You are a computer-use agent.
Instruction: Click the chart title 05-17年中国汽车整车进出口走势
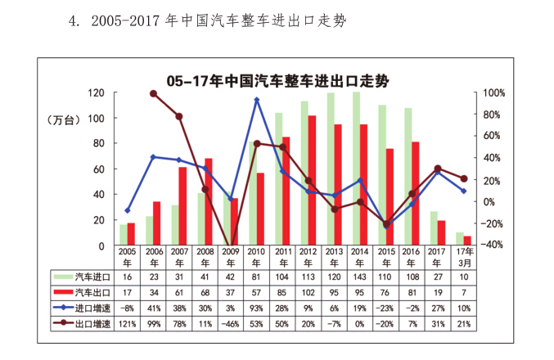277,80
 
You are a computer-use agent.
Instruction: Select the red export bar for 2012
312,180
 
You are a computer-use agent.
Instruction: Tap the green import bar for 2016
408,176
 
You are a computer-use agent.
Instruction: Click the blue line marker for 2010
257,100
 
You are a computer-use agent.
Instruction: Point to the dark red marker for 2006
153,94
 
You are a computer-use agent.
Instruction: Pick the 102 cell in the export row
309,292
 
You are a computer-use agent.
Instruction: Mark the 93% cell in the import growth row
257,308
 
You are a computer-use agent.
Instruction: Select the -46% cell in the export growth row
231,323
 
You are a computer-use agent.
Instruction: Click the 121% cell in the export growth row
128,323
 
